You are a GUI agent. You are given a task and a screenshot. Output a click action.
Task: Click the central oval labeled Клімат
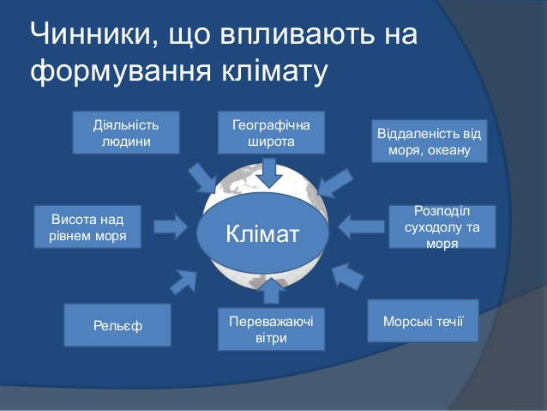pos(262,233)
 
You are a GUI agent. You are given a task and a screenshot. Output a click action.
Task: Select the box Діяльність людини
pos(126,133)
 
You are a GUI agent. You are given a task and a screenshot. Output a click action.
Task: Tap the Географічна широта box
pos(272,133)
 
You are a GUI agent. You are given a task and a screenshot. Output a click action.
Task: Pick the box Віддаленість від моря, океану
pos(429,141)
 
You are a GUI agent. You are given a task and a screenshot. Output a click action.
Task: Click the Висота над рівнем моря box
pos(87,227)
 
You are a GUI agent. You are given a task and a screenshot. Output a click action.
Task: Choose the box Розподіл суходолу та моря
pos(442,227)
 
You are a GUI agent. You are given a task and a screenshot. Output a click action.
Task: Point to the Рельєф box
pos(117,325)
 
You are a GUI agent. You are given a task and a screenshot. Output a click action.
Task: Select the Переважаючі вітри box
pos(272,329)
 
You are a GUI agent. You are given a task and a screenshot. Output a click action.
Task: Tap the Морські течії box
pos(423,321)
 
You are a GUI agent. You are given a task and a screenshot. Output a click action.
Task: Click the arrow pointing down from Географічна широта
pos(270,173)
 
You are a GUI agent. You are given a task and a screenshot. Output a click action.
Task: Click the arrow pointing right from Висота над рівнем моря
pos(171,227)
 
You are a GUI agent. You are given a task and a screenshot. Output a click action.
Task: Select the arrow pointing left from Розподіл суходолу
pos(361,227)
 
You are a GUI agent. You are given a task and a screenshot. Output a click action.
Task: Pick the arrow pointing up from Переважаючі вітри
pos(271,291)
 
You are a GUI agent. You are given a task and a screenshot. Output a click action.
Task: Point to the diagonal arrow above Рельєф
pos(183,281)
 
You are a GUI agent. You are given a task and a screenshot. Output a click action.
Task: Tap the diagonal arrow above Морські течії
pos(346,276)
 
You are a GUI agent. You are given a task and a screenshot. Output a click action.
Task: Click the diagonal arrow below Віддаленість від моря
pos(335,183)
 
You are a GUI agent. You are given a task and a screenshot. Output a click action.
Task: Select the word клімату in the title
pos(274,71)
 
